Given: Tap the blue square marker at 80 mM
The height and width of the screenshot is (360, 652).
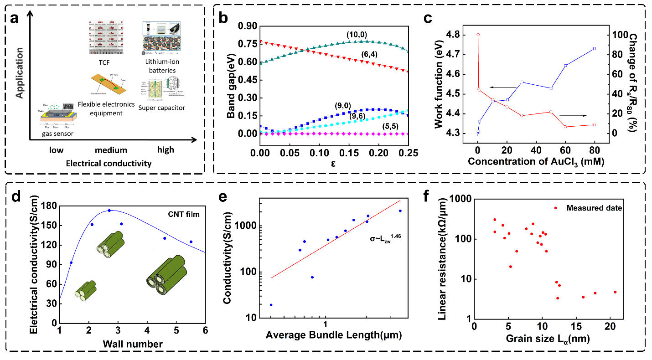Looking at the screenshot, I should [x=595, y=48].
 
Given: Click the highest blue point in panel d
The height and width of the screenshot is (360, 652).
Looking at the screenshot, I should [x=109, y=211].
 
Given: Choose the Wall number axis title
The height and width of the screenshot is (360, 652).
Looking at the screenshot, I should [x=133, y=344].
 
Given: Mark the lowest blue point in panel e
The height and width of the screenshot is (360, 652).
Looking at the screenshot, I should [x=271, y=305].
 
